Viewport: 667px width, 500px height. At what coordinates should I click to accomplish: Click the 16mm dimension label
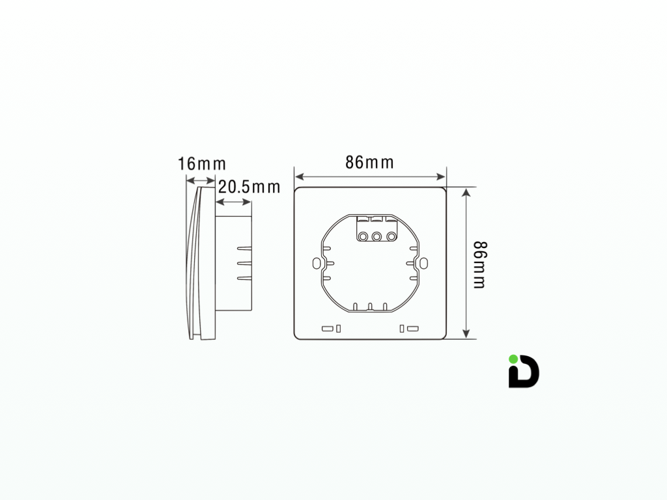(201, 163)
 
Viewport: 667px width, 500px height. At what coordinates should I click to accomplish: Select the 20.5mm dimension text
(249, 187)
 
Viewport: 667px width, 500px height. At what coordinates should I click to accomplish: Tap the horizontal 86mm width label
(369, 162)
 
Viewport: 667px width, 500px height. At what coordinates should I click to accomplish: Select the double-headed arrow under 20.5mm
(233, 202)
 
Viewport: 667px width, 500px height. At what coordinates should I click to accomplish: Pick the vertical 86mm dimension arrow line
(466, 263)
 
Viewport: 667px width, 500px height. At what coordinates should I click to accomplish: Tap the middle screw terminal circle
(376, 236)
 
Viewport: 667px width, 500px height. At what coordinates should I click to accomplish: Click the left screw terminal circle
(362, 236)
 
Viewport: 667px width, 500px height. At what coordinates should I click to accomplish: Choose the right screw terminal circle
(391, 236)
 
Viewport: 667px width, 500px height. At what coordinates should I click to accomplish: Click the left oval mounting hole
(317, 263)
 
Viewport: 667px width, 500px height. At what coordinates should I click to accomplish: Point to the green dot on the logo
(513, 359)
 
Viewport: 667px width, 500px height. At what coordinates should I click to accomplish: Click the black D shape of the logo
(526, 374)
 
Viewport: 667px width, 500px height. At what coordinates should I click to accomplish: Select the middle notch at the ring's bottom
(369, 306)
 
